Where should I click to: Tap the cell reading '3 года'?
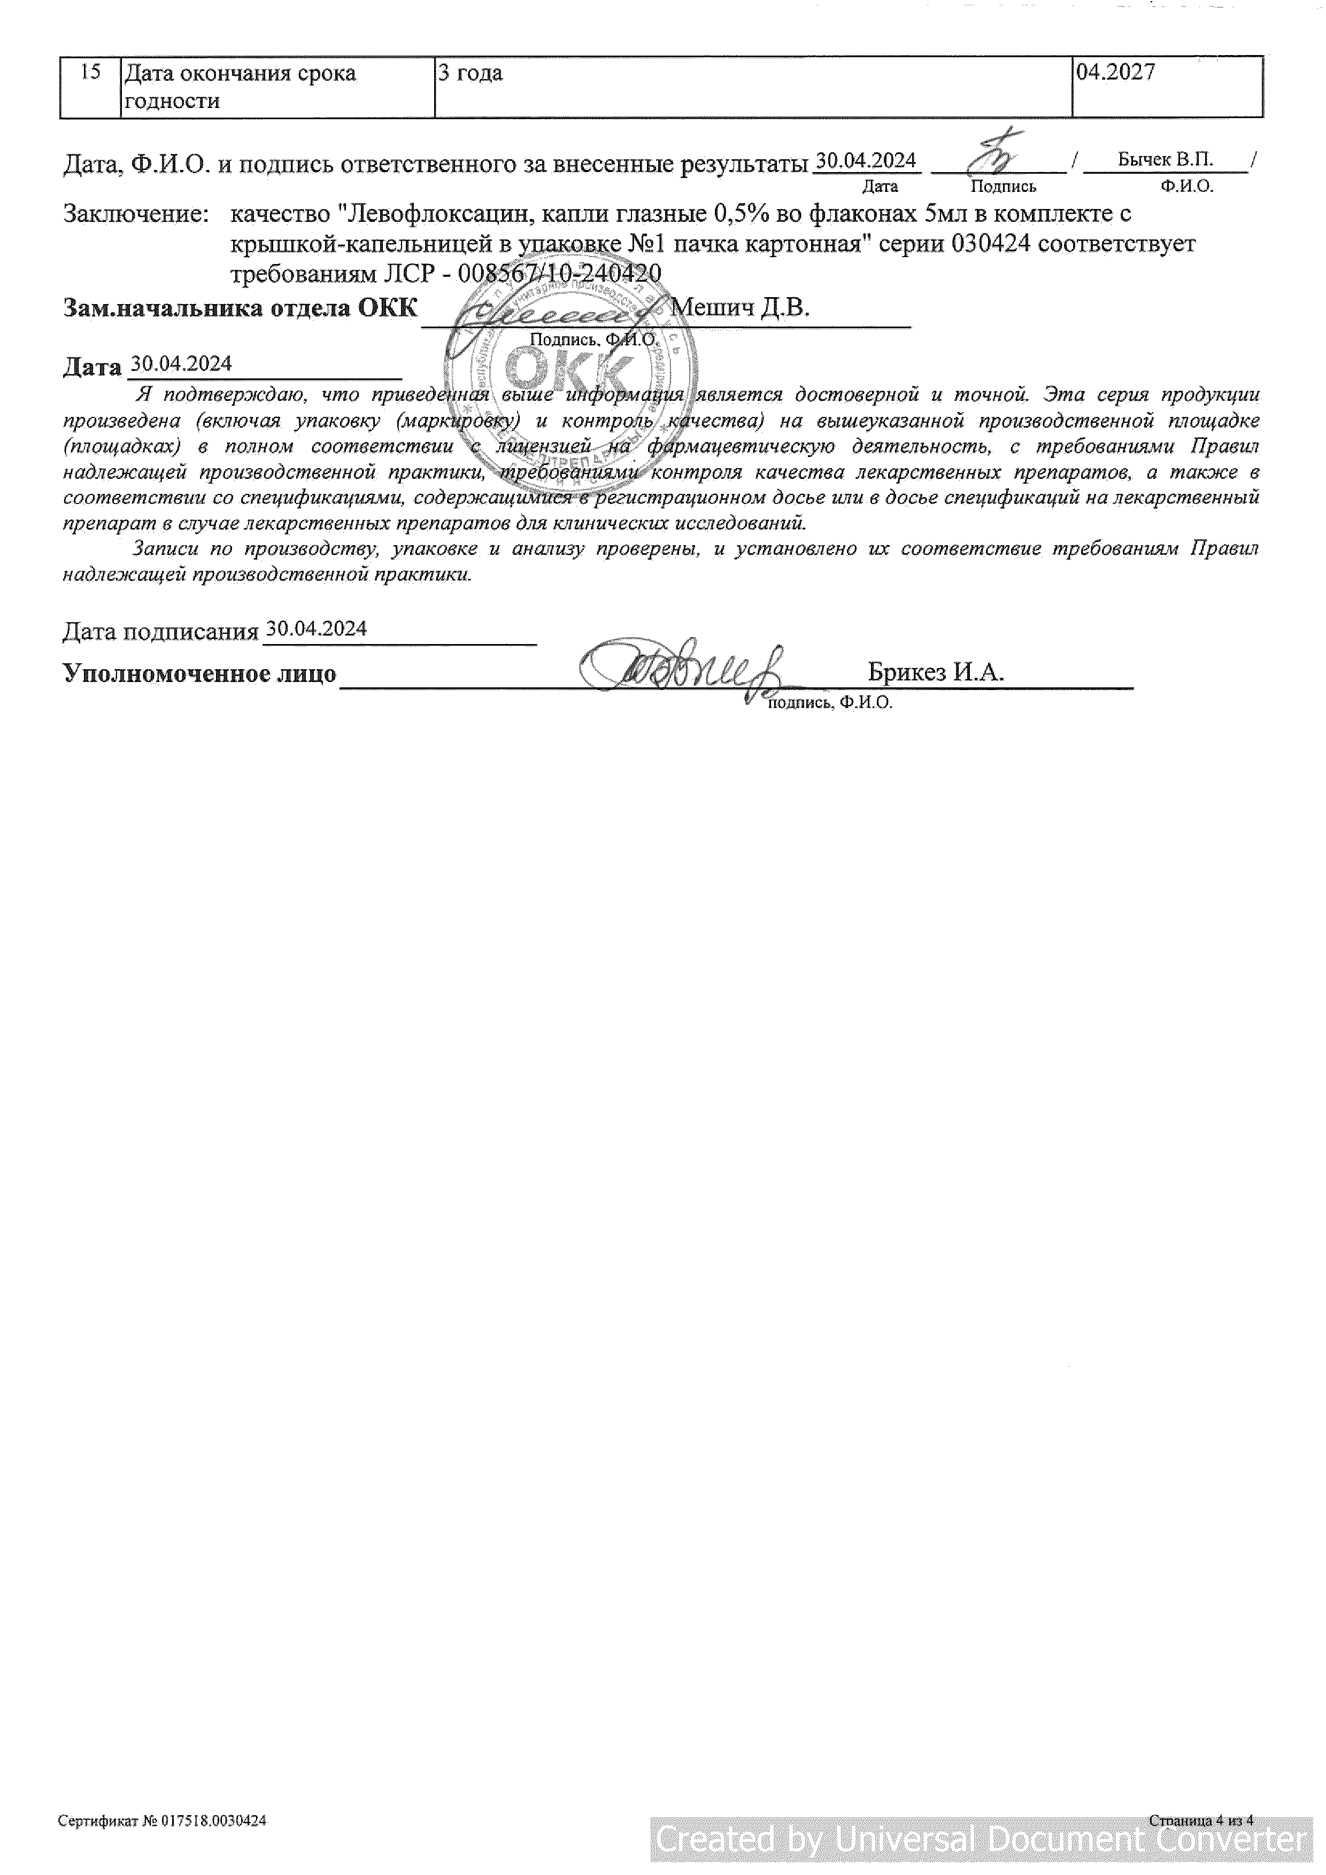pos(471,74)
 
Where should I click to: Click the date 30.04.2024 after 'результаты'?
pos(866,161)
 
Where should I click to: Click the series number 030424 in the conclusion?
pos(989,243)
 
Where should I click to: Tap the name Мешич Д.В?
pos(739,308)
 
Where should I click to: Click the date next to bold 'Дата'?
pos(181,364)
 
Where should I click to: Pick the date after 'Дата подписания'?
pos(316,629)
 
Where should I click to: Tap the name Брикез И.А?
pos(936,673)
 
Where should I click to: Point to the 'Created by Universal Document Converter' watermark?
pos(981,1840)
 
